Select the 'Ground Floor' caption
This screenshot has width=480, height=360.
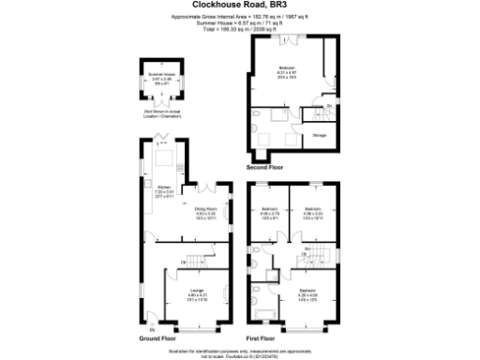pos(158,337)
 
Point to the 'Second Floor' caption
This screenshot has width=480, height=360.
pos(264,168)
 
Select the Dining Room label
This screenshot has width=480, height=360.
pos(205,211)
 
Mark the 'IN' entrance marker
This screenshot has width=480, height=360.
pos(144,328)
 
